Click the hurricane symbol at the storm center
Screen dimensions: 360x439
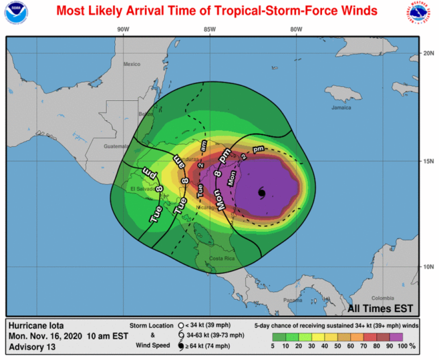tap(261, 194)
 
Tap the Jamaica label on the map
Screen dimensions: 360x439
tap(341, 108)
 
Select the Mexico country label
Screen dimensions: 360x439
tap(132, 64)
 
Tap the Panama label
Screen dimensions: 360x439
tap(292, 300)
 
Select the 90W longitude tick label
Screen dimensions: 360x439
tap(122, 29)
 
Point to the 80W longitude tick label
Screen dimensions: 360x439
tap(296, 29)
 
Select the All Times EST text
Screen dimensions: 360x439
tap(380, 309)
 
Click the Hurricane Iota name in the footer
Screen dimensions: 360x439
tap(37, 326)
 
